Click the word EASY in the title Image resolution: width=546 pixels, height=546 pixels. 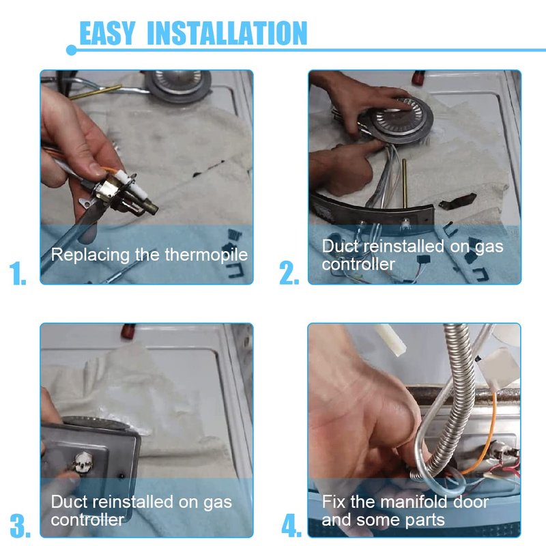point(107,33)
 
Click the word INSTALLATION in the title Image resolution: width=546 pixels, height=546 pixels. point(227,33)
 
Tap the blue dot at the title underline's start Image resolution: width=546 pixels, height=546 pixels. point(71,50)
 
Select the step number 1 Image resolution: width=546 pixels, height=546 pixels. point(18,274)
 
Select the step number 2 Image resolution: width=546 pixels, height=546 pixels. point(289,274)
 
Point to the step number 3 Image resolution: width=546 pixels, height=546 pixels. point(20,526)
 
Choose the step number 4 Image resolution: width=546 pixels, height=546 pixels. point(291,526)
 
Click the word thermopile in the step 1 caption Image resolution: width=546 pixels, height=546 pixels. point(206,255)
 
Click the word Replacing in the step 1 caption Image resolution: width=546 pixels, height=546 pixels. point(91,255)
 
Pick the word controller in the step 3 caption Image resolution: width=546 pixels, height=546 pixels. point(87,520)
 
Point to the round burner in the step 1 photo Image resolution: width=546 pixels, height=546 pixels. point(178,85)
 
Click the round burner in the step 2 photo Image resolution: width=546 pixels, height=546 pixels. point(399,120)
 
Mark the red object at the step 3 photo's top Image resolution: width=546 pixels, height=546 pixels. point(128,331)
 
